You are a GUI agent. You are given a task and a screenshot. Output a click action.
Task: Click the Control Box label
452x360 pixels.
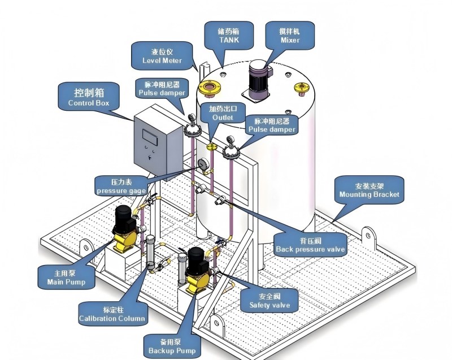(89, 97)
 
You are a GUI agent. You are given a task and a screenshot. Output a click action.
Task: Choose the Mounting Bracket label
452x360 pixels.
(370, 190)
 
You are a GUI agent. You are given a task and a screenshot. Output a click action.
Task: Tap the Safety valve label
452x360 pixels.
(270, 301)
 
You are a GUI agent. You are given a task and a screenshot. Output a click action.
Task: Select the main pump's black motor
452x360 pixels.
(123, 219)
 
